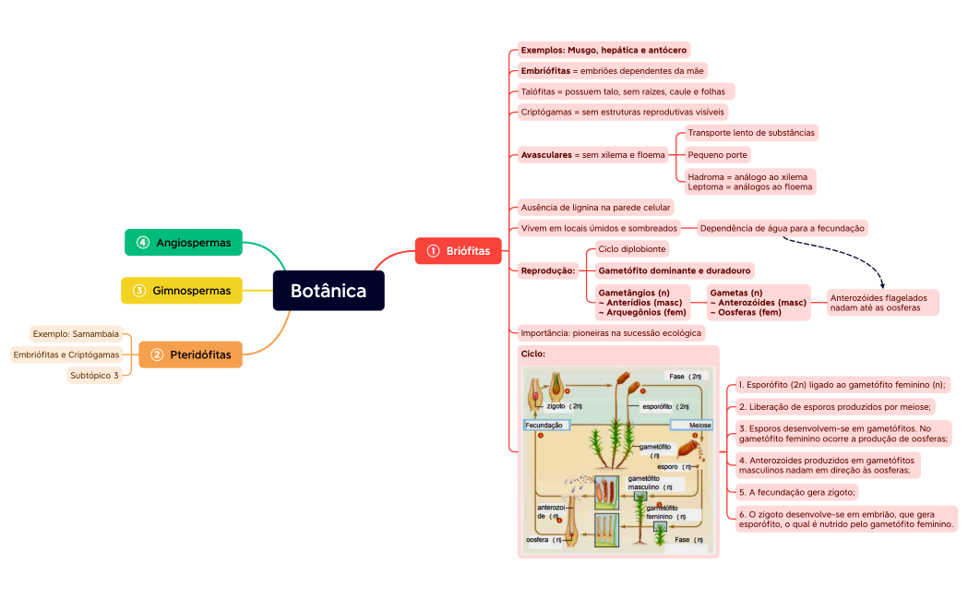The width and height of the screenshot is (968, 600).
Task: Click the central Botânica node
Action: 329,291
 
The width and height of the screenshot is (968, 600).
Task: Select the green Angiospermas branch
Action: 184,242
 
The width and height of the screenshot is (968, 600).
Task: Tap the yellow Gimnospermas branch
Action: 182,291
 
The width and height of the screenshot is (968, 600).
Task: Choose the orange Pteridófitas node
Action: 190,354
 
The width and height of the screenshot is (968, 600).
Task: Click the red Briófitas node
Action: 458,250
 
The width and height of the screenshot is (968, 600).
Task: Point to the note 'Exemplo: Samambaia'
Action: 76,333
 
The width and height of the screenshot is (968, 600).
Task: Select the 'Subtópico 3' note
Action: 95,375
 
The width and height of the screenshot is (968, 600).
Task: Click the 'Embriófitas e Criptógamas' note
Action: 66,354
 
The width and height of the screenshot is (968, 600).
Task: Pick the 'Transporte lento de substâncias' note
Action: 751,133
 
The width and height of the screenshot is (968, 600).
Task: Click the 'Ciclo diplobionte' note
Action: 632,249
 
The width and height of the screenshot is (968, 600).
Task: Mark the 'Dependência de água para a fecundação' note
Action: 783,227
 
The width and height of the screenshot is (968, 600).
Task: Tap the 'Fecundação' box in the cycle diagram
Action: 546,425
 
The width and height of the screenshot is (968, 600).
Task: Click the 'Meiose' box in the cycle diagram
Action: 692,425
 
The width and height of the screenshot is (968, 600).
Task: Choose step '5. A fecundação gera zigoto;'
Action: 798,491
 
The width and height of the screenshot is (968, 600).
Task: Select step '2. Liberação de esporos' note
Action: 836,406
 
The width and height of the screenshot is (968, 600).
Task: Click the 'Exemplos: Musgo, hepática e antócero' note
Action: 604,50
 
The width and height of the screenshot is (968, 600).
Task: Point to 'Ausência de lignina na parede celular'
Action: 596,208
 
